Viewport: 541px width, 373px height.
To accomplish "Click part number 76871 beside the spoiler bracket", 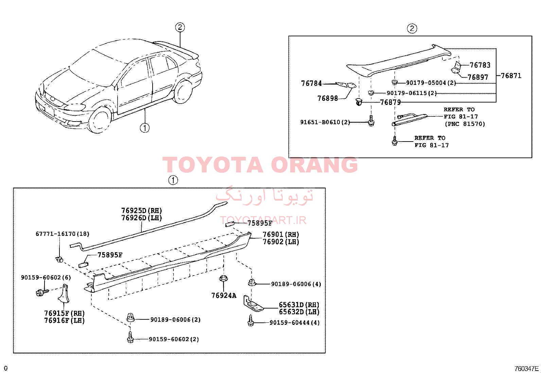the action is [511, 76].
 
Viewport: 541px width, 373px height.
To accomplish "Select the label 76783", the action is [480, 65].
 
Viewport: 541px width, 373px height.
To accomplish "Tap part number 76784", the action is [311, 83].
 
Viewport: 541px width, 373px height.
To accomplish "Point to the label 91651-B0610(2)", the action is [325, 122].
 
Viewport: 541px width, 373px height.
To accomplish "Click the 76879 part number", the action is [390, 102].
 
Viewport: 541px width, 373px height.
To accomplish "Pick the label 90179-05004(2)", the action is [431, 83].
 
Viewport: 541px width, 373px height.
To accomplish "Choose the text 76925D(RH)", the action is [141, 211].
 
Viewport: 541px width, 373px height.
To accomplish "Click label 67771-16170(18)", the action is [62, 234].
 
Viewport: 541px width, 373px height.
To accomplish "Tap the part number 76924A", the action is [224, 296].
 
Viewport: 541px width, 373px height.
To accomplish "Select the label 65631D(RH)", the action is [299, 305].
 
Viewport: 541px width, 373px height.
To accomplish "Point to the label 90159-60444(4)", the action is [294, 322].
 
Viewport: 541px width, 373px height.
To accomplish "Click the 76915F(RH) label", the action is [65, 313].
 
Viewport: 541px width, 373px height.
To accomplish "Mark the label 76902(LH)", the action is [281, 242].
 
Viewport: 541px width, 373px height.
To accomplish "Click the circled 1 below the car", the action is [145, 128].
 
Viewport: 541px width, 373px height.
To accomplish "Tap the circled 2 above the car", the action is [180, 27].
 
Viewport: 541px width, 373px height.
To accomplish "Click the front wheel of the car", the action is [100, 120].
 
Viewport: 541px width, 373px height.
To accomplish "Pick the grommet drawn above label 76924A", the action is [223, 278].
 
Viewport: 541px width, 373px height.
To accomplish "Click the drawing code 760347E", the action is [526, 368].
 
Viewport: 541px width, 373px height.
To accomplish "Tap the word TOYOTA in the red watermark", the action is [212, 165].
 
